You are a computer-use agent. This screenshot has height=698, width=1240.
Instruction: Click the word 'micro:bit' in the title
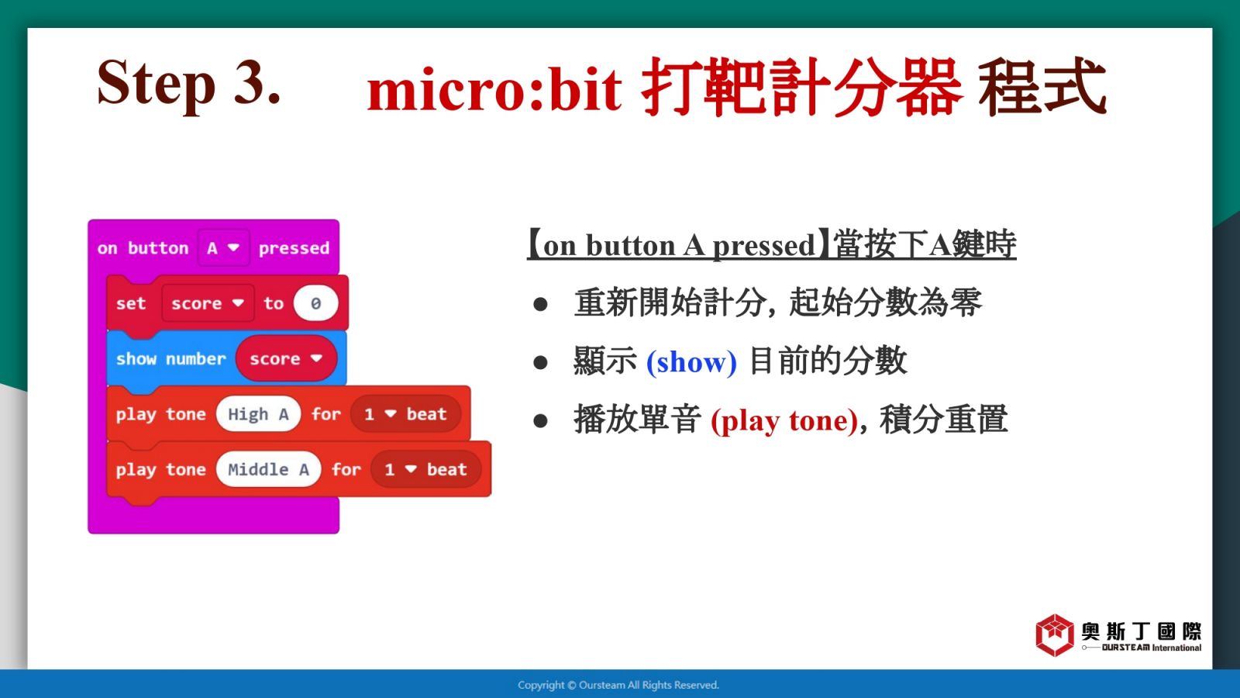[x=494, y=88]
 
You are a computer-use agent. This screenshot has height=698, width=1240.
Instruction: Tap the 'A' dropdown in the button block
[x=223, y=247]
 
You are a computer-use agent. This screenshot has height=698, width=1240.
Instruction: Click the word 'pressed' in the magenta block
[x=294, y=247]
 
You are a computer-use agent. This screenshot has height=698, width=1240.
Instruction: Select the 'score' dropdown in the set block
[x=208, y=303]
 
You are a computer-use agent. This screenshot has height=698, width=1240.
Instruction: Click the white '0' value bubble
[x=315, y=303]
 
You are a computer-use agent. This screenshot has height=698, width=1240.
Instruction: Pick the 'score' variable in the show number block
[x=286, y=358]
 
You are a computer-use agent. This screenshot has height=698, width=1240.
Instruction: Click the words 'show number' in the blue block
[x=171, y=358]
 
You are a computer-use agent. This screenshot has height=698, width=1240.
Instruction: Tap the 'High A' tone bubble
[x=258, y=414]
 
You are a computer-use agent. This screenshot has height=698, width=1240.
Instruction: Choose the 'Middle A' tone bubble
[x=268, y=469]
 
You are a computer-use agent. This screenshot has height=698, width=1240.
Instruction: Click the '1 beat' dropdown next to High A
[x=405, y=414]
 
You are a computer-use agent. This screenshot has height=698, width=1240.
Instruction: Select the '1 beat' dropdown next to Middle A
[x=425, y=469]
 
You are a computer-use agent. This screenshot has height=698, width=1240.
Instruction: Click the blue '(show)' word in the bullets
[x=691, y=362]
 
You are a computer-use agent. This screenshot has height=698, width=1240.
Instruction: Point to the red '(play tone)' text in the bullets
[x=784, y=420]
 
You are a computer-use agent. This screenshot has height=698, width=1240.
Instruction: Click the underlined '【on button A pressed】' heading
[x=772, y=244]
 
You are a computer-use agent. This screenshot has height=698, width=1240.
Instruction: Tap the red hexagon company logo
[x=1055, y=635]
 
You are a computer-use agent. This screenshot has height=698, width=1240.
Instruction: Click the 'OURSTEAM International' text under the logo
[x=1152, y=648]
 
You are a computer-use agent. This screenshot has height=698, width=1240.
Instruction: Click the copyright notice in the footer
[x=618, y=686]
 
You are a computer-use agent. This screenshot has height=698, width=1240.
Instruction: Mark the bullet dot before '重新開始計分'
[x=540, y=304]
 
